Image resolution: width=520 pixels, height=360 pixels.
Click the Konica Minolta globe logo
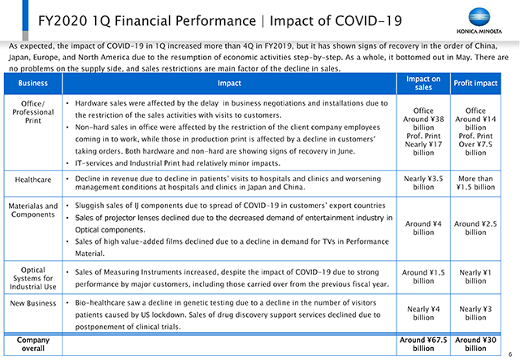479,17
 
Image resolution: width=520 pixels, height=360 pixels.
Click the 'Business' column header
32,83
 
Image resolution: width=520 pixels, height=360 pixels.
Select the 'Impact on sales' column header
423,83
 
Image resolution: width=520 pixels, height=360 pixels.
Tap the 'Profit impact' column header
475,83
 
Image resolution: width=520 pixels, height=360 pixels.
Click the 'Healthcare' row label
32,180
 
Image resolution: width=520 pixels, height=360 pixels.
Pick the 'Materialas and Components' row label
32,210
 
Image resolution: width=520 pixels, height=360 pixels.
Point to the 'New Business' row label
32,303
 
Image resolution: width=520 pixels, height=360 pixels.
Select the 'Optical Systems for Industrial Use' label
32,279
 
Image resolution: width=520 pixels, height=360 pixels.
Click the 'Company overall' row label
32,344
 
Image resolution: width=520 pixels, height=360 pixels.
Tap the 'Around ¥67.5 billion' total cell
423,344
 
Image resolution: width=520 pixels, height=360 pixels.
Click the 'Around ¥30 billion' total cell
475,344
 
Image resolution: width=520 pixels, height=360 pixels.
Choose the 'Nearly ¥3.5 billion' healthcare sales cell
423,183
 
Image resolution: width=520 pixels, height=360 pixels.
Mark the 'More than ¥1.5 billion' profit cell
475,183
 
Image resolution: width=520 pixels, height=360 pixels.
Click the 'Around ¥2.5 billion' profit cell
475,228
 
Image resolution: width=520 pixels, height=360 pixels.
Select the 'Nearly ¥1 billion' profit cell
475,277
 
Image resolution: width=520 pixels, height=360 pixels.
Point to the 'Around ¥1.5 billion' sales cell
423,277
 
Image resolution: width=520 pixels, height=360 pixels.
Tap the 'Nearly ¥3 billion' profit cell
475,313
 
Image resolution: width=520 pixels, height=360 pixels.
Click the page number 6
510,354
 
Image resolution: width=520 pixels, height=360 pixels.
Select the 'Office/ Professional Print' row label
32,112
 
